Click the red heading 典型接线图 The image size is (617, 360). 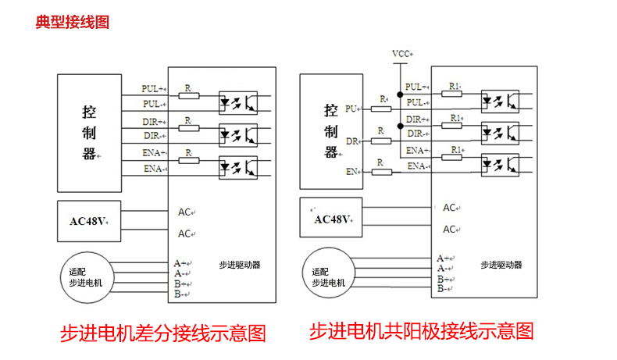[72, 22]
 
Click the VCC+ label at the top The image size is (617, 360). [402, 54]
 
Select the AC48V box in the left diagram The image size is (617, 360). [88, 221]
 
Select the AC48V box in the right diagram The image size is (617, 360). [333, 219]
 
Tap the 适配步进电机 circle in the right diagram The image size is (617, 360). [329, 278]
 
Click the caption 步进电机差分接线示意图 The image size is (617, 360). [163, 333]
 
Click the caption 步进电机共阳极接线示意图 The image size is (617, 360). [422, 330]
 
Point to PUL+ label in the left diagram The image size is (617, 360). [154, 88]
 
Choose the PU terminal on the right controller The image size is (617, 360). [351, 109]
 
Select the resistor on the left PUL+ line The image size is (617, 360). [188, 95]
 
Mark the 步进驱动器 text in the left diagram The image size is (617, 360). [240, 266]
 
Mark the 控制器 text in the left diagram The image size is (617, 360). [89, 133]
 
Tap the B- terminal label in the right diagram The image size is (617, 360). [442, 289]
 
